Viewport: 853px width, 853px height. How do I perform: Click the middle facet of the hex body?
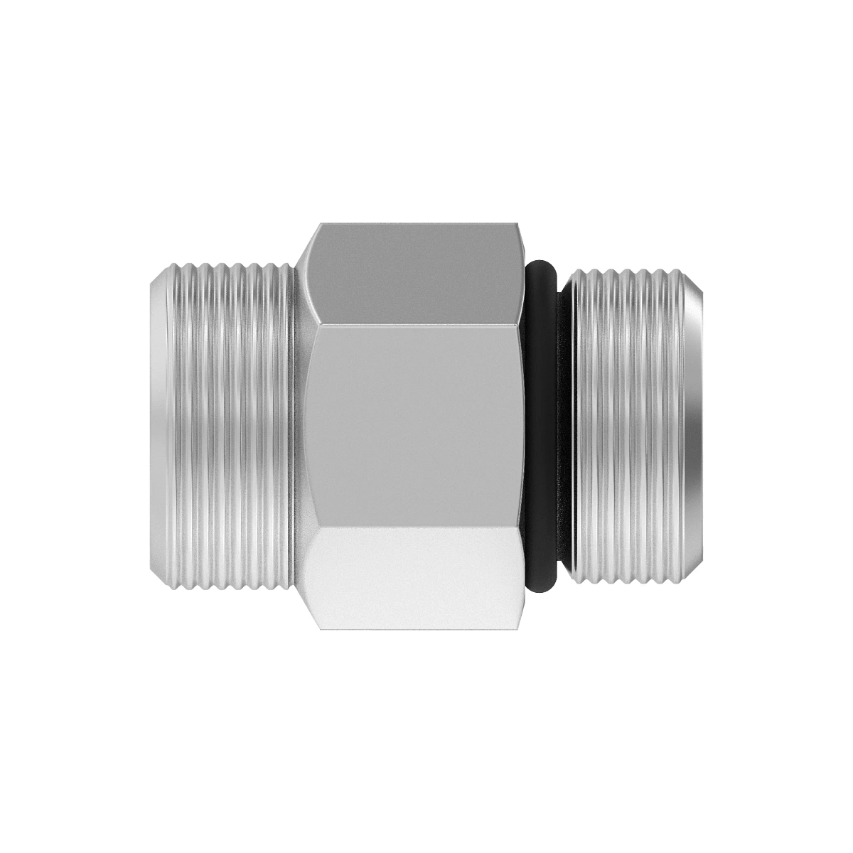click(x=416, y=426)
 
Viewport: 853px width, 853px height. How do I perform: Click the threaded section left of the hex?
click(x=227, y=426)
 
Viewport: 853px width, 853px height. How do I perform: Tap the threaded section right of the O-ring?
click(x=626, y=426)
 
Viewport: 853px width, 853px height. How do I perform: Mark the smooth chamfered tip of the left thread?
click(x=158, y=426)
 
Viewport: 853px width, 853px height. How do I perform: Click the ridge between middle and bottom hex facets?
click(x=416, y=527)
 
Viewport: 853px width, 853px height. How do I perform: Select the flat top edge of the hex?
click(x=416, y=223)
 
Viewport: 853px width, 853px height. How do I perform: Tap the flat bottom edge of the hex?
click(x=416, y=630)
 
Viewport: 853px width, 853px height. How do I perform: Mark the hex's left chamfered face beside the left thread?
click(x=304, y=426)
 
